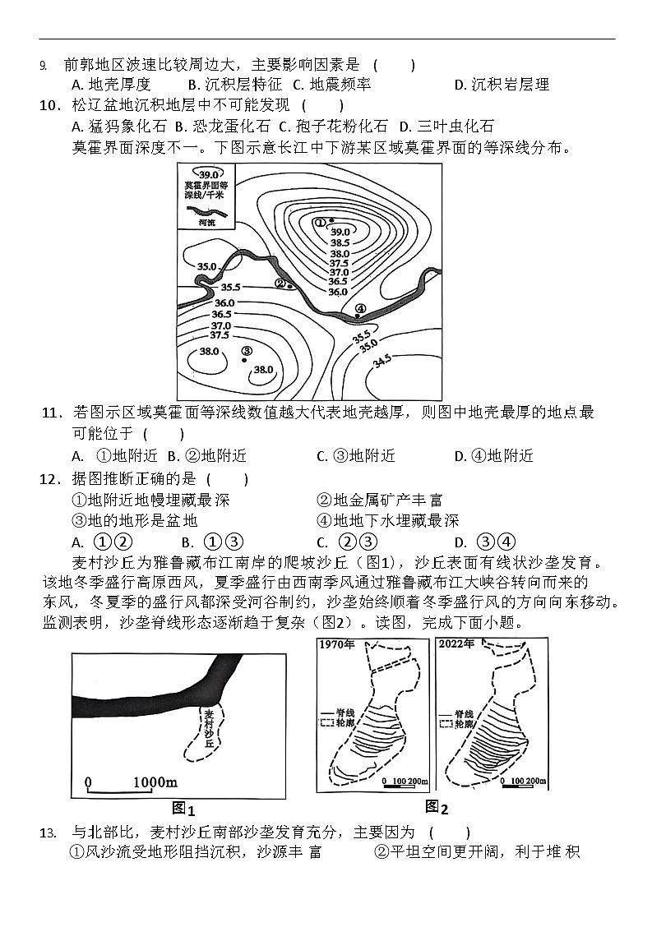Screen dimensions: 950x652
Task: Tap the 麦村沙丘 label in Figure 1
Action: click(210, 727)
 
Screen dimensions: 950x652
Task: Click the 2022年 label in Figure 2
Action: click(456, 643)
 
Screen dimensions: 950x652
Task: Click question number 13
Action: click(50, 832)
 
